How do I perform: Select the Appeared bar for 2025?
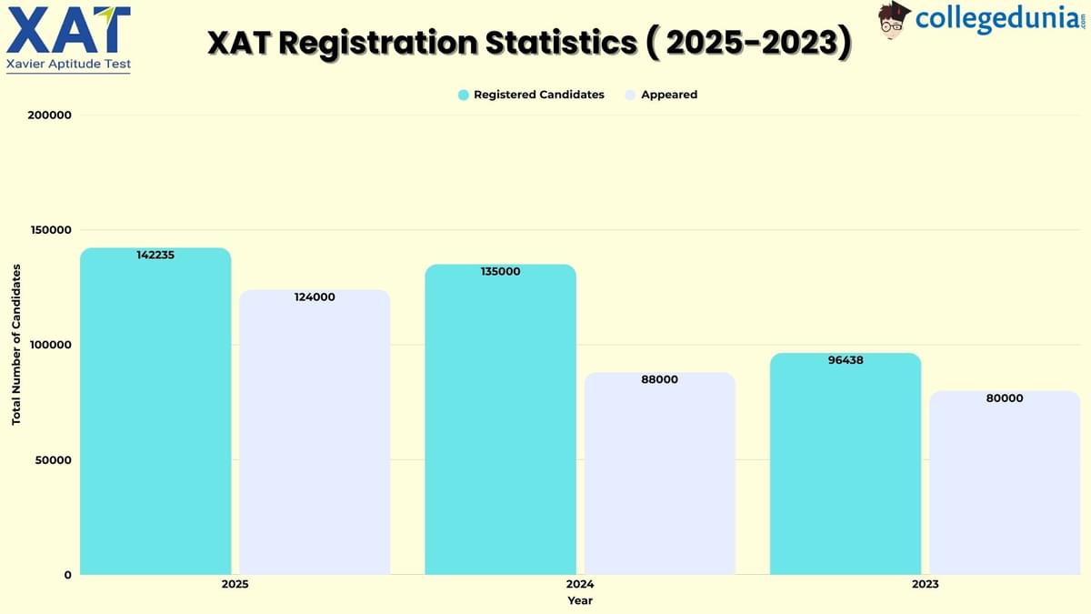tap(315, 432)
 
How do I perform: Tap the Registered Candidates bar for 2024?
tap(500, 419)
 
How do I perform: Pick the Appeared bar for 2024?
tap(659, 473)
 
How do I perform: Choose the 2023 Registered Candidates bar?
tap(846, 464)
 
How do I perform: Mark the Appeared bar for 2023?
tap(1005, 483)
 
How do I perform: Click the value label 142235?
tap(155, 256)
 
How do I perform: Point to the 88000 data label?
tap(659, 379)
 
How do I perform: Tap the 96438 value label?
tap(846, 360)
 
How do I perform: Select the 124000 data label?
tap(315, 297)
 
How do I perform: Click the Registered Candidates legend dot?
tap(464, 95)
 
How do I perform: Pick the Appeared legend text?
tap(669, 95)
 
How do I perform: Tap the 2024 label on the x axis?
tap(580, 584)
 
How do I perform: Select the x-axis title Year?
tap(580, 600)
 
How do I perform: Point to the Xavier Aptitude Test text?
tap(68, 64)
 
